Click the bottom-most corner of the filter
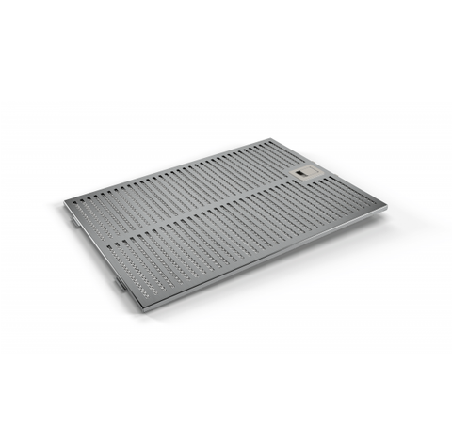tap(139, 311)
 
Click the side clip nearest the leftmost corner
tap(74, 223)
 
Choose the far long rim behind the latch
tap(169, 169)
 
